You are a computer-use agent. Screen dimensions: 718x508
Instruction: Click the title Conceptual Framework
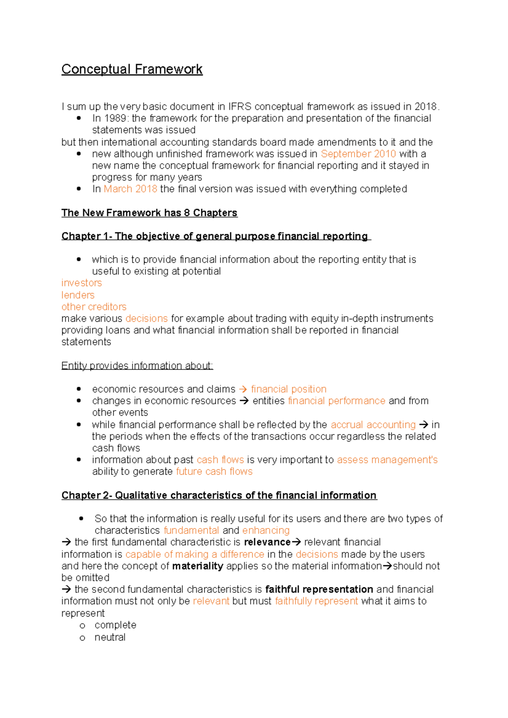pyautogui.click(x=132, y=69)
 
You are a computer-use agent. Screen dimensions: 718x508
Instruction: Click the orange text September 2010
pyautogui.click(x=358, y=154)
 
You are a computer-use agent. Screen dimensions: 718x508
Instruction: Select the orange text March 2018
pyautogui.click(x=130, y=189)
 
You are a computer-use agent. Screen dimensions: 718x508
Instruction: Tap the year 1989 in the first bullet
pyautogui.click(x=115, y=118)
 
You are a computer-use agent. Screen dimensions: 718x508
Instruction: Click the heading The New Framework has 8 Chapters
pyautogui.click(x=149, y=213)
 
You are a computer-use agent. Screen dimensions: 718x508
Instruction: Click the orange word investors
pyautogui.click(x=81, y=283)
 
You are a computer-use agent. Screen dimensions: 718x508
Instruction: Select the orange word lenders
pyautogui.click(x=78, y=295)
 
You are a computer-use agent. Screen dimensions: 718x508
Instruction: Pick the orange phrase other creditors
pyautogui.click(x=94, y=307)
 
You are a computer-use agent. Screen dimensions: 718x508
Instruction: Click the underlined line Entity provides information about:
pyautogui.click(x=137, y=366)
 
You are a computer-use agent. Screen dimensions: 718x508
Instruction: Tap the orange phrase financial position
pyautogui.click(x=289, y=389)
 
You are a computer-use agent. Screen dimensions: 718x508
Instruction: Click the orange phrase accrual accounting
pyautogui.click(x=373, y=425)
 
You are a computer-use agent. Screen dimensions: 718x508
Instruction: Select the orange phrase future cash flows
pyautogui.click(x=214, y=471)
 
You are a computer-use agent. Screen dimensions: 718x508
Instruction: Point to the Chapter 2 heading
pyautogui.click(x=219, y=495)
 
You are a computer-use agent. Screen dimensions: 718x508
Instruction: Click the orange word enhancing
pyautogui.click(x=266, y=530)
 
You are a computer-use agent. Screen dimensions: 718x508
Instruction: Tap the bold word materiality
pyautogui.click(x=198, y=566)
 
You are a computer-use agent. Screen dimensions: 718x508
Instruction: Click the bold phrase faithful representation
pyautogui.click(x=319, y=589)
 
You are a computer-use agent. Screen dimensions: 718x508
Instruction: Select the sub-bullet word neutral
pyautogui.click(x=110, y=637)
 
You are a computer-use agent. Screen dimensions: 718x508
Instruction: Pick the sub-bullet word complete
pyautogui.click(x=115, y=625)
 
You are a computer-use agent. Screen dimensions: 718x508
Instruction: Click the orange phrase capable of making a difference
pyautogui.click(x=195, y=554)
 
